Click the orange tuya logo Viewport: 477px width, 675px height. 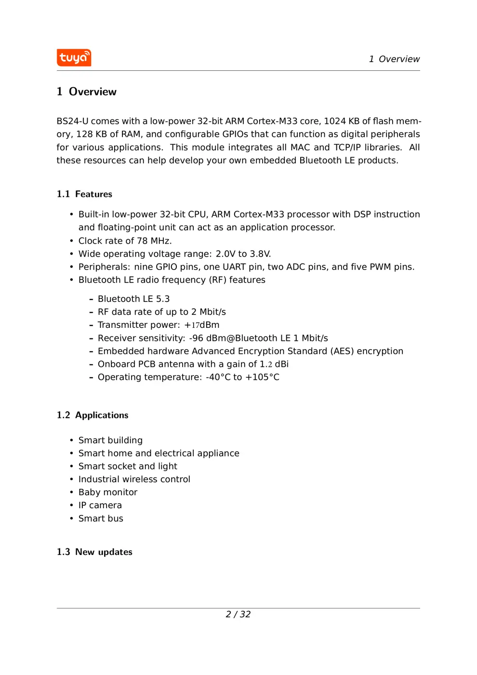tap(74, 58)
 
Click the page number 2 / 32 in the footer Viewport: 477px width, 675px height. tap(238, 614)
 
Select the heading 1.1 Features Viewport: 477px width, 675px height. tap(84, 194)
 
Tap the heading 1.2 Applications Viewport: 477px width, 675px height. tap(93, 415)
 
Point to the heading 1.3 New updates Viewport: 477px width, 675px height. tap(94, 552)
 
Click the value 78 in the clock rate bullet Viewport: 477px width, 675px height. tap(142, 241)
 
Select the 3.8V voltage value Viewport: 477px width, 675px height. tap(260, 254)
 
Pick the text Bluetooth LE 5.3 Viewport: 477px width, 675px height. tap(133, 299)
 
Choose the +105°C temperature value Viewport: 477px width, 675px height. tap(262, 378)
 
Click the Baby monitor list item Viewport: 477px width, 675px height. tap(108, 492)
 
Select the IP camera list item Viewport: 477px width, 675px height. tap(100, 505)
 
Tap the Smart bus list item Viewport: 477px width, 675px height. tap(101, 518)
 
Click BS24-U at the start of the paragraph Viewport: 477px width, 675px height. tap(72, 121)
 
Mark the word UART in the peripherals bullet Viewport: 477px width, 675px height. tap(234, 267)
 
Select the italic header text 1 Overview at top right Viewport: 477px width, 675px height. tap(394, 59)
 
